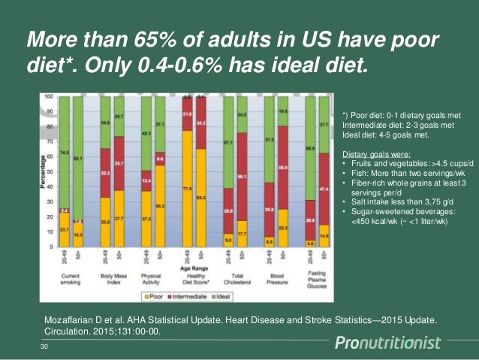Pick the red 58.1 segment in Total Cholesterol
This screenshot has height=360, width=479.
click(242, 177)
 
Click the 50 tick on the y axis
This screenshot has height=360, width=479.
click(52, 171)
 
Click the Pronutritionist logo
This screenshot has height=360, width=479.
click(398, 343)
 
